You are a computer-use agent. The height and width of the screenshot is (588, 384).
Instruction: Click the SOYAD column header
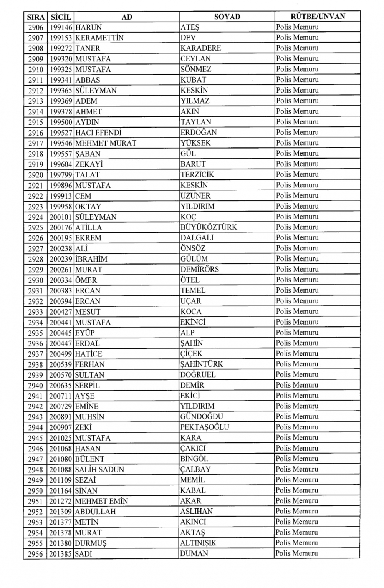tap(227, 17)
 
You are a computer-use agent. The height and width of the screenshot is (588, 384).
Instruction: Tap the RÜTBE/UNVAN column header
tap(317, 17)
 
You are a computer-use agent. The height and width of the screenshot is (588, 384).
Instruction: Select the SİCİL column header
tap(61, 17)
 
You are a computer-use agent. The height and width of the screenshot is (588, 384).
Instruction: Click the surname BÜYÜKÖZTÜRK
tap(209, 227)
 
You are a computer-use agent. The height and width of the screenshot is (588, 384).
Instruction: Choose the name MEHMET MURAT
tap(106, 143)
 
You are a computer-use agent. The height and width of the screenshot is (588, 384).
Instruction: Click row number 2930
tap(36, 280)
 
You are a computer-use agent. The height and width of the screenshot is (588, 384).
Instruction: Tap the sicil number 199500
tap(61, 122)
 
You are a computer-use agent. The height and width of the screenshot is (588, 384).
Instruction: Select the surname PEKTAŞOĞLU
tap(205, 427)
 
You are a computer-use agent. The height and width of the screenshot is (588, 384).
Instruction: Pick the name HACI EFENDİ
tap(98, 133)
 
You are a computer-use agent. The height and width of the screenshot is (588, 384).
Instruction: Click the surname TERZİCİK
tap(197, 174)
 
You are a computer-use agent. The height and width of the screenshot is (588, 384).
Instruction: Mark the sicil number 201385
tap(61, 554)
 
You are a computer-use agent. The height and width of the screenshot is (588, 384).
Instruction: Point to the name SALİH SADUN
tap(99, 469)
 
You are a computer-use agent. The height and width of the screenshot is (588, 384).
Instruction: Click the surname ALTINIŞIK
tap(198, 543)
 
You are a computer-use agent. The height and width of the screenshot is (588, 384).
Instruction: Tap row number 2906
tap(36, 27)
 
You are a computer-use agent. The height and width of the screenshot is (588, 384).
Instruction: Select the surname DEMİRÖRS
tap(199, 269)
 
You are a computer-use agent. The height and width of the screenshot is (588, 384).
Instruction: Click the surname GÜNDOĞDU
tap(202, 417)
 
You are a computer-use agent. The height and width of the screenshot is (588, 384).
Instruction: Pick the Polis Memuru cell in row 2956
tap(297, 553)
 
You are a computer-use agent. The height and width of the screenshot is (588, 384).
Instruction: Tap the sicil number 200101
tap(61, 217)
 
